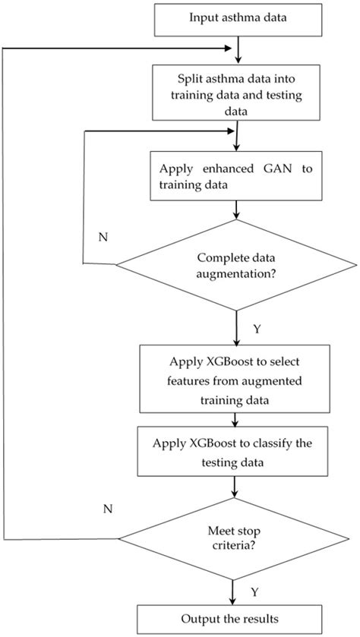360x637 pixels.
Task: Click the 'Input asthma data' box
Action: point(238,18)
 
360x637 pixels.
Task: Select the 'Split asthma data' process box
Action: point(238,92)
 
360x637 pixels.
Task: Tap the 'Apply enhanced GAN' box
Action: point(238,176)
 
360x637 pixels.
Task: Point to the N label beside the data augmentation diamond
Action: point(103,236)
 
